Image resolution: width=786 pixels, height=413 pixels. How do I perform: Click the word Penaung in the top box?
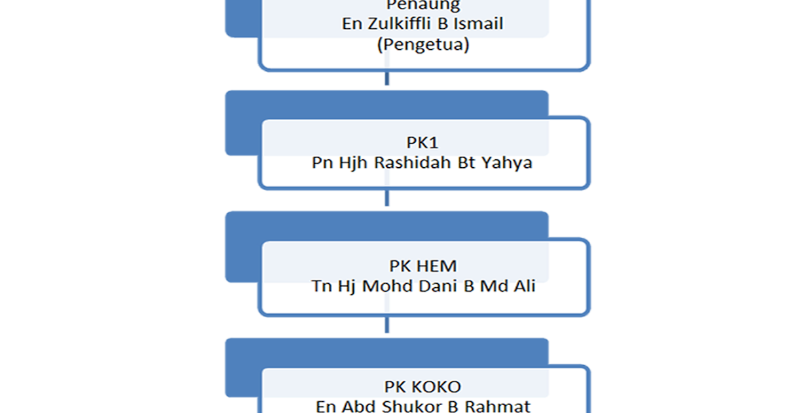click(423, 6)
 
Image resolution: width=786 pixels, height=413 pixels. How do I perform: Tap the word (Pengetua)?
click(423, 45)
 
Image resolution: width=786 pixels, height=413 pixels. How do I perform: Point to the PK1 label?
click(422, 143)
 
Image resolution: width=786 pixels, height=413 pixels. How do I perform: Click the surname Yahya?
click(507, 163)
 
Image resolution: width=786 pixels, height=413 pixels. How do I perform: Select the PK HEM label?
click(422, 266)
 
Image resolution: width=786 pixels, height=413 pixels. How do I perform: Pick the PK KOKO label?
click(422, 386)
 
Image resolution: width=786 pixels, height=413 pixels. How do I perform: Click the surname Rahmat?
click(498, 406)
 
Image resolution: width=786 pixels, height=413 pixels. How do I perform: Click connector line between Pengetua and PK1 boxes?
click(387, 80)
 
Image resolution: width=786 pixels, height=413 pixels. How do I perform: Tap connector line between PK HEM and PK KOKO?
click(387, 326)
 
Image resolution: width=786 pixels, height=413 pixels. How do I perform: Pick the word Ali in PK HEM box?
click(523, 286)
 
